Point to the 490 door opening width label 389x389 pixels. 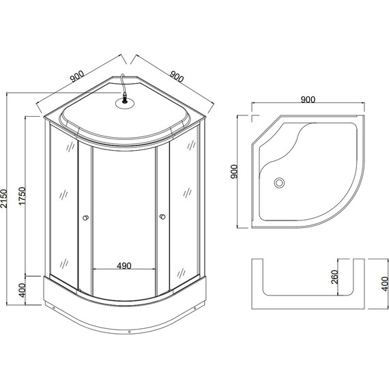click(x=124, y=265)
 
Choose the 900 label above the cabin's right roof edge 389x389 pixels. click(x=175, y=77)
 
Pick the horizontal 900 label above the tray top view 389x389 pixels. click(x=307, y=99)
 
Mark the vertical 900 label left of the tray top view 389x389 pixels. click(x=233, y=171)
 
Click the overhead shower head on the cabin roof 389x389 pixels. click(x=124, y=103)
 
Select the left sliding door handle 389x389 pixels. click(x=85, y=218)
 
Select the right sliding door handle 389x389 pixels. click(x=162, y=218)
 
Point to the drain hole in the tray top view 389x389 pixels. click(x=278, y=182)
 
